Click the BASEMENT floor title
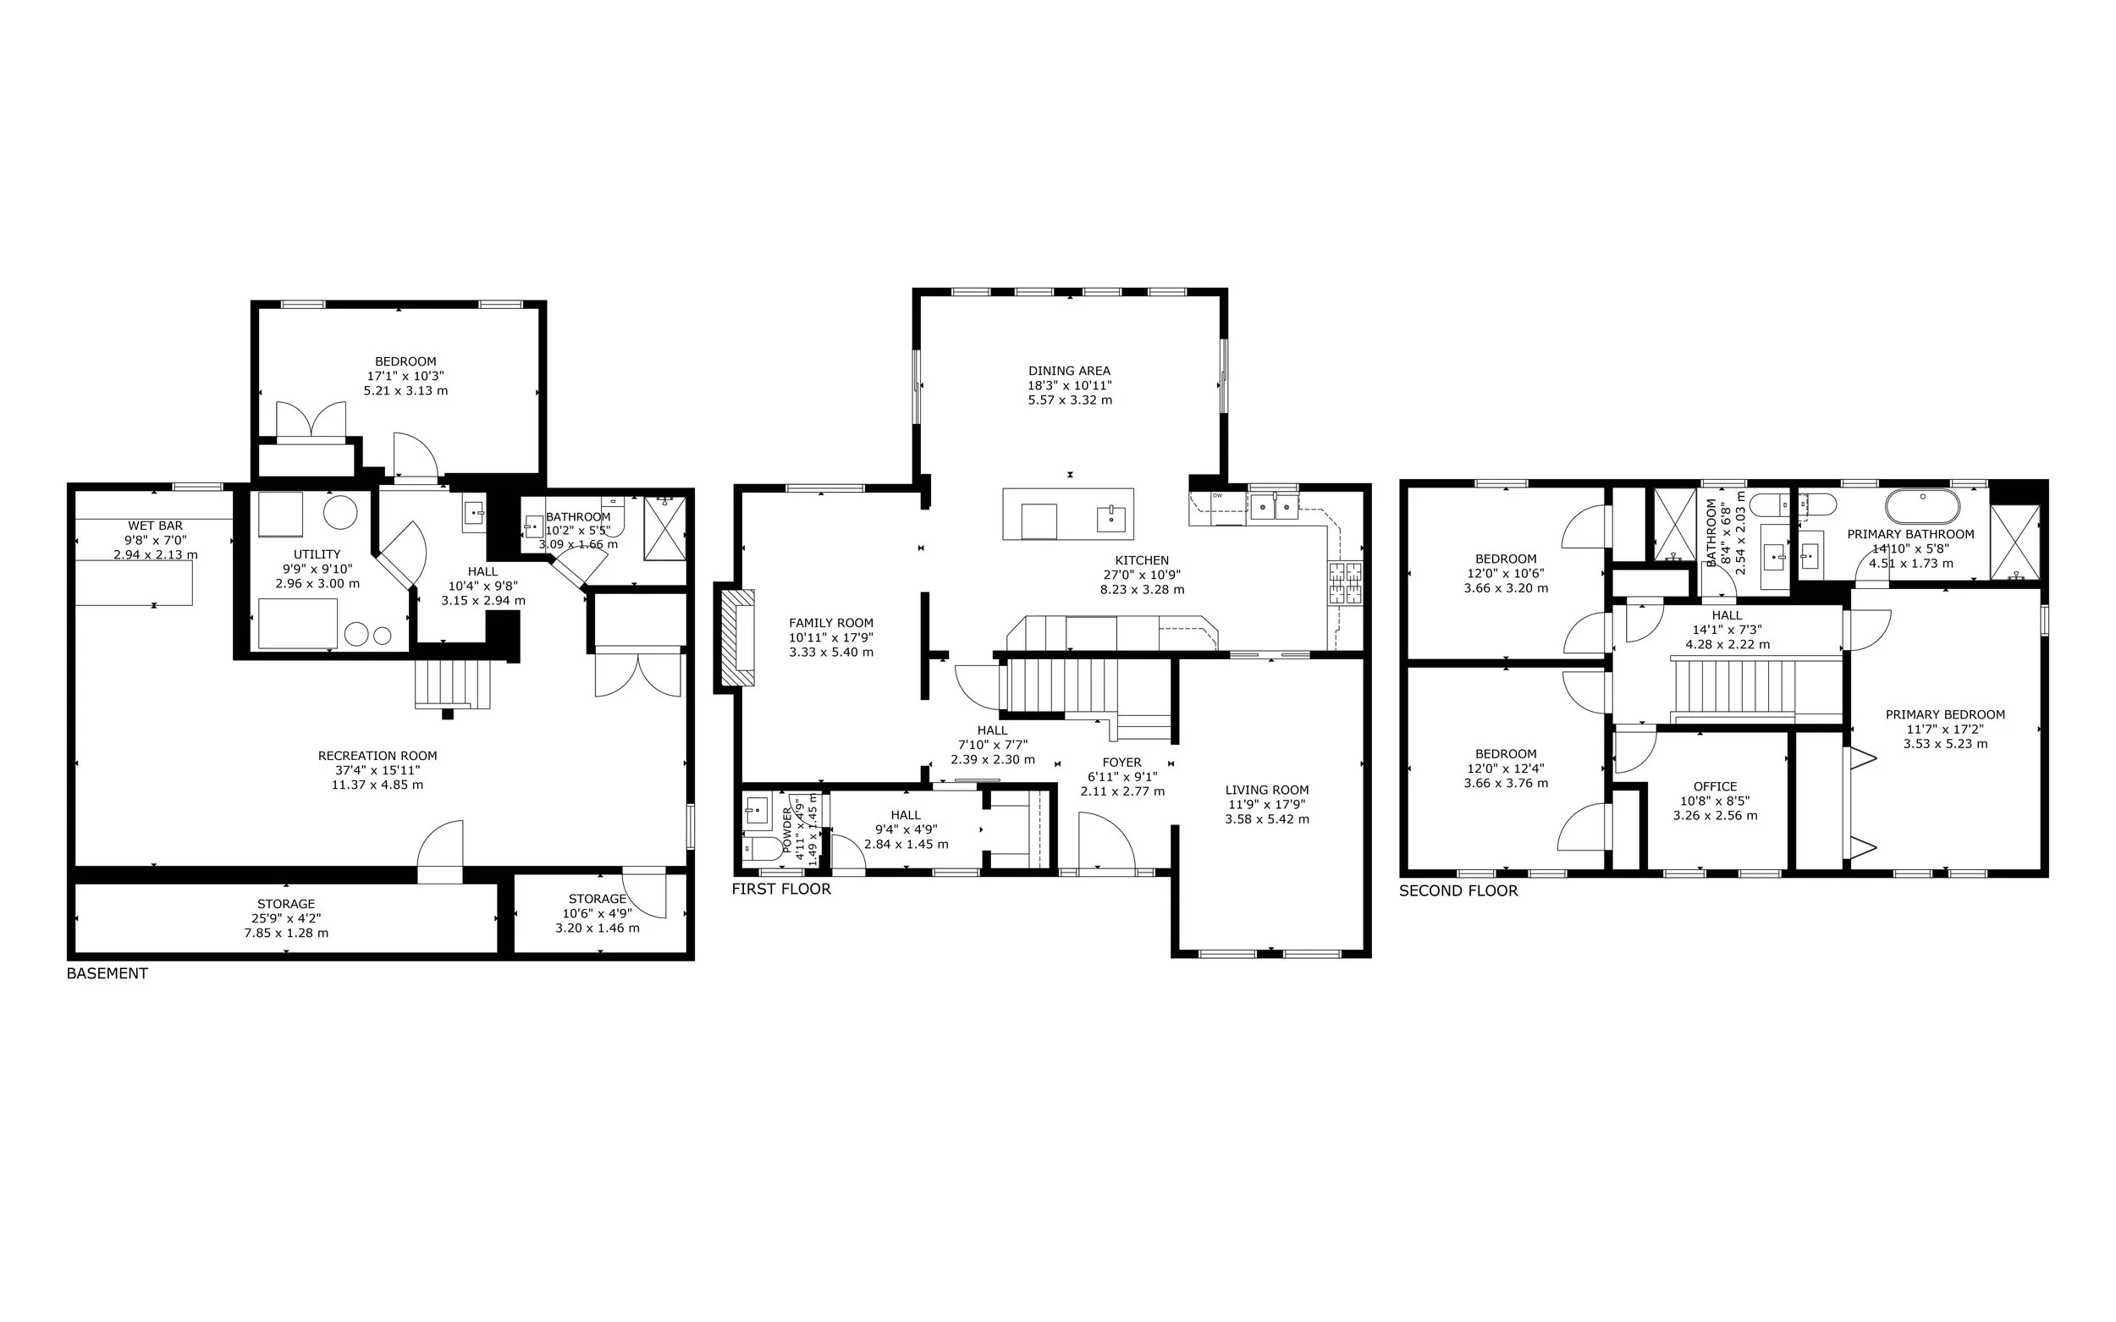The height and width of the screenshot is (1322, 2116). pyautogui.click(x=107, y=974)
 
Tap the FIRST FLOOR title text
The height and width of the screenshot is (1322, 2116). pyautogui.click(x=782, y=890)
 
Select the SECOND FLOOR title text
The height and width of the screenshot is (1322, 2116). pyautogui.click(x=1458, y=891)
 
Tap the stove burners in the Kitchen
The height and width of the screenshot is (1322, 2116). pyautogui.click(x=1346, y=583)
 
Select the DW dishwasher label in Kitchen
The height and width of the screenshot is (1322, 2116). pyautogui.click(x=1217, y=496)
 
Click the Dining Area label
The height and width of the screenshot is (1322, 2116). pyautogui.click(x=1069, y=371)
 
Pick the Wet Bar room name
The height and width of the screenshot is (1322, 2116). pyautogui.click(x=156, y=526)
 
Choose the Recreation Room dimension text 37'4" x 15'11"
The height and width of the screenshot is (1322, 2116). pyautogui.click(x=377, y=770)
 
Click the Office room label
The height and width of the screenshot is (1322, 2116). pyautogui.click(x=1715, y=786)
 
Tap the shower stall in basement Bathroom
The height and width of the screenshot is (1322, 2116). pyautogui.click(x=665, y=528)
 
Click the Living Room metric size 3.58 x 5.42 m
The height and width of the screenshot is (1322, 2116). pyautogui.click(x=1267, y=819)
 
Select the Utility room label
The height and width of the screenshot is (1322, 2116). pyautogui.click(x=317, y=554)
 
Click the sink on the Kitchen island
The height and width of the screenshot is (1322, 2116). pyautogui.click(x=1111, y=519)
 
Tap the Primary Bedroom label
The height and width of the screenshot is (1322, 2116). pyautogui.click(x=1946, y=714)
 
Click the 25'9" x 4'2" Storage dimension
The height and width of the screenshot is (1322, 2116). pyautogui.click(x=286, y=919)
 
